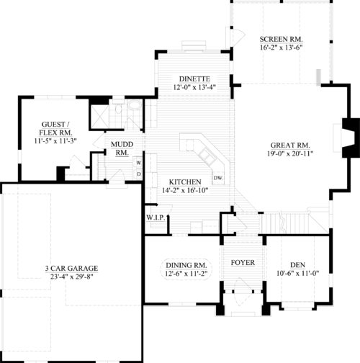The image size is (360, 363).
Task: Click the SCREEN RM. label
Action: [281, 39]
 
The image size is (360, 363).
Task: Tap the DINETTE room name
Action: [194, 79]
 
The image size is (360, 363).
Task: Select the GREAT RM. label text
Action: [290, 145]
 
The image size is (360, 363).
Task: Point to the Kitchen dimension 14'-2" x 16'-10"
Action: [185, 190]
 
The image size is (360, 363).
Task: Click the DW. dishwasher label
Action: [218, 178]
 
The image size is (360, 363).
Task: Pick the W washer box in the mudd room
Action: [139, 163]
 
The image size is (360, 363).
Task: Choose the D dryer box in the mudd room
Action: [139, 174]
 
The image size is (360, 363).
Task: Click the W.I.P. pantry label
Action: [156, 218]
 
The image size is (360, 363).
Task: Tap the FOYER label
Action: [243, 263]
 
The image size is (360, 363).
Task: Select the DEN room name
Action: [298, 265]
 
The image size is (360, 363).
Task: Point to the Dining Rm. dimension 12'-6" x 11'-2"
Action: [186, 274]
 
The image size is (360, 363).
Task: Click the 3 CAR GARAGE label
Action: [71, 268]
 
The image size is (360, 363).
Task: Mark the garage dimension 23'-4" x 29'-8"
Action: [71, 277]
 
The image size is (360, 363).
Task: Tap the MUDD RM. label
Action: [122, 148]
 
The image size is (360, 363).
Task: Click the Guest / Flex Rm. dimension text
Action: [55, 141]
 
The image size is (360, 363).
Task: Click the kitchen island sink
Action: [207, 154]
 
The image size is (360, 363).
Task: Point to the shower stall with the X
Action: [99, 117]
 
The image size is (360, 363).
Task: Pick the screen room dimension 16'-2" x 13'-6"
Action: [281, 48]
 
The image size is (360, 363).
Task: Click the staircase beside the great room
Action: [295, 223]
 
